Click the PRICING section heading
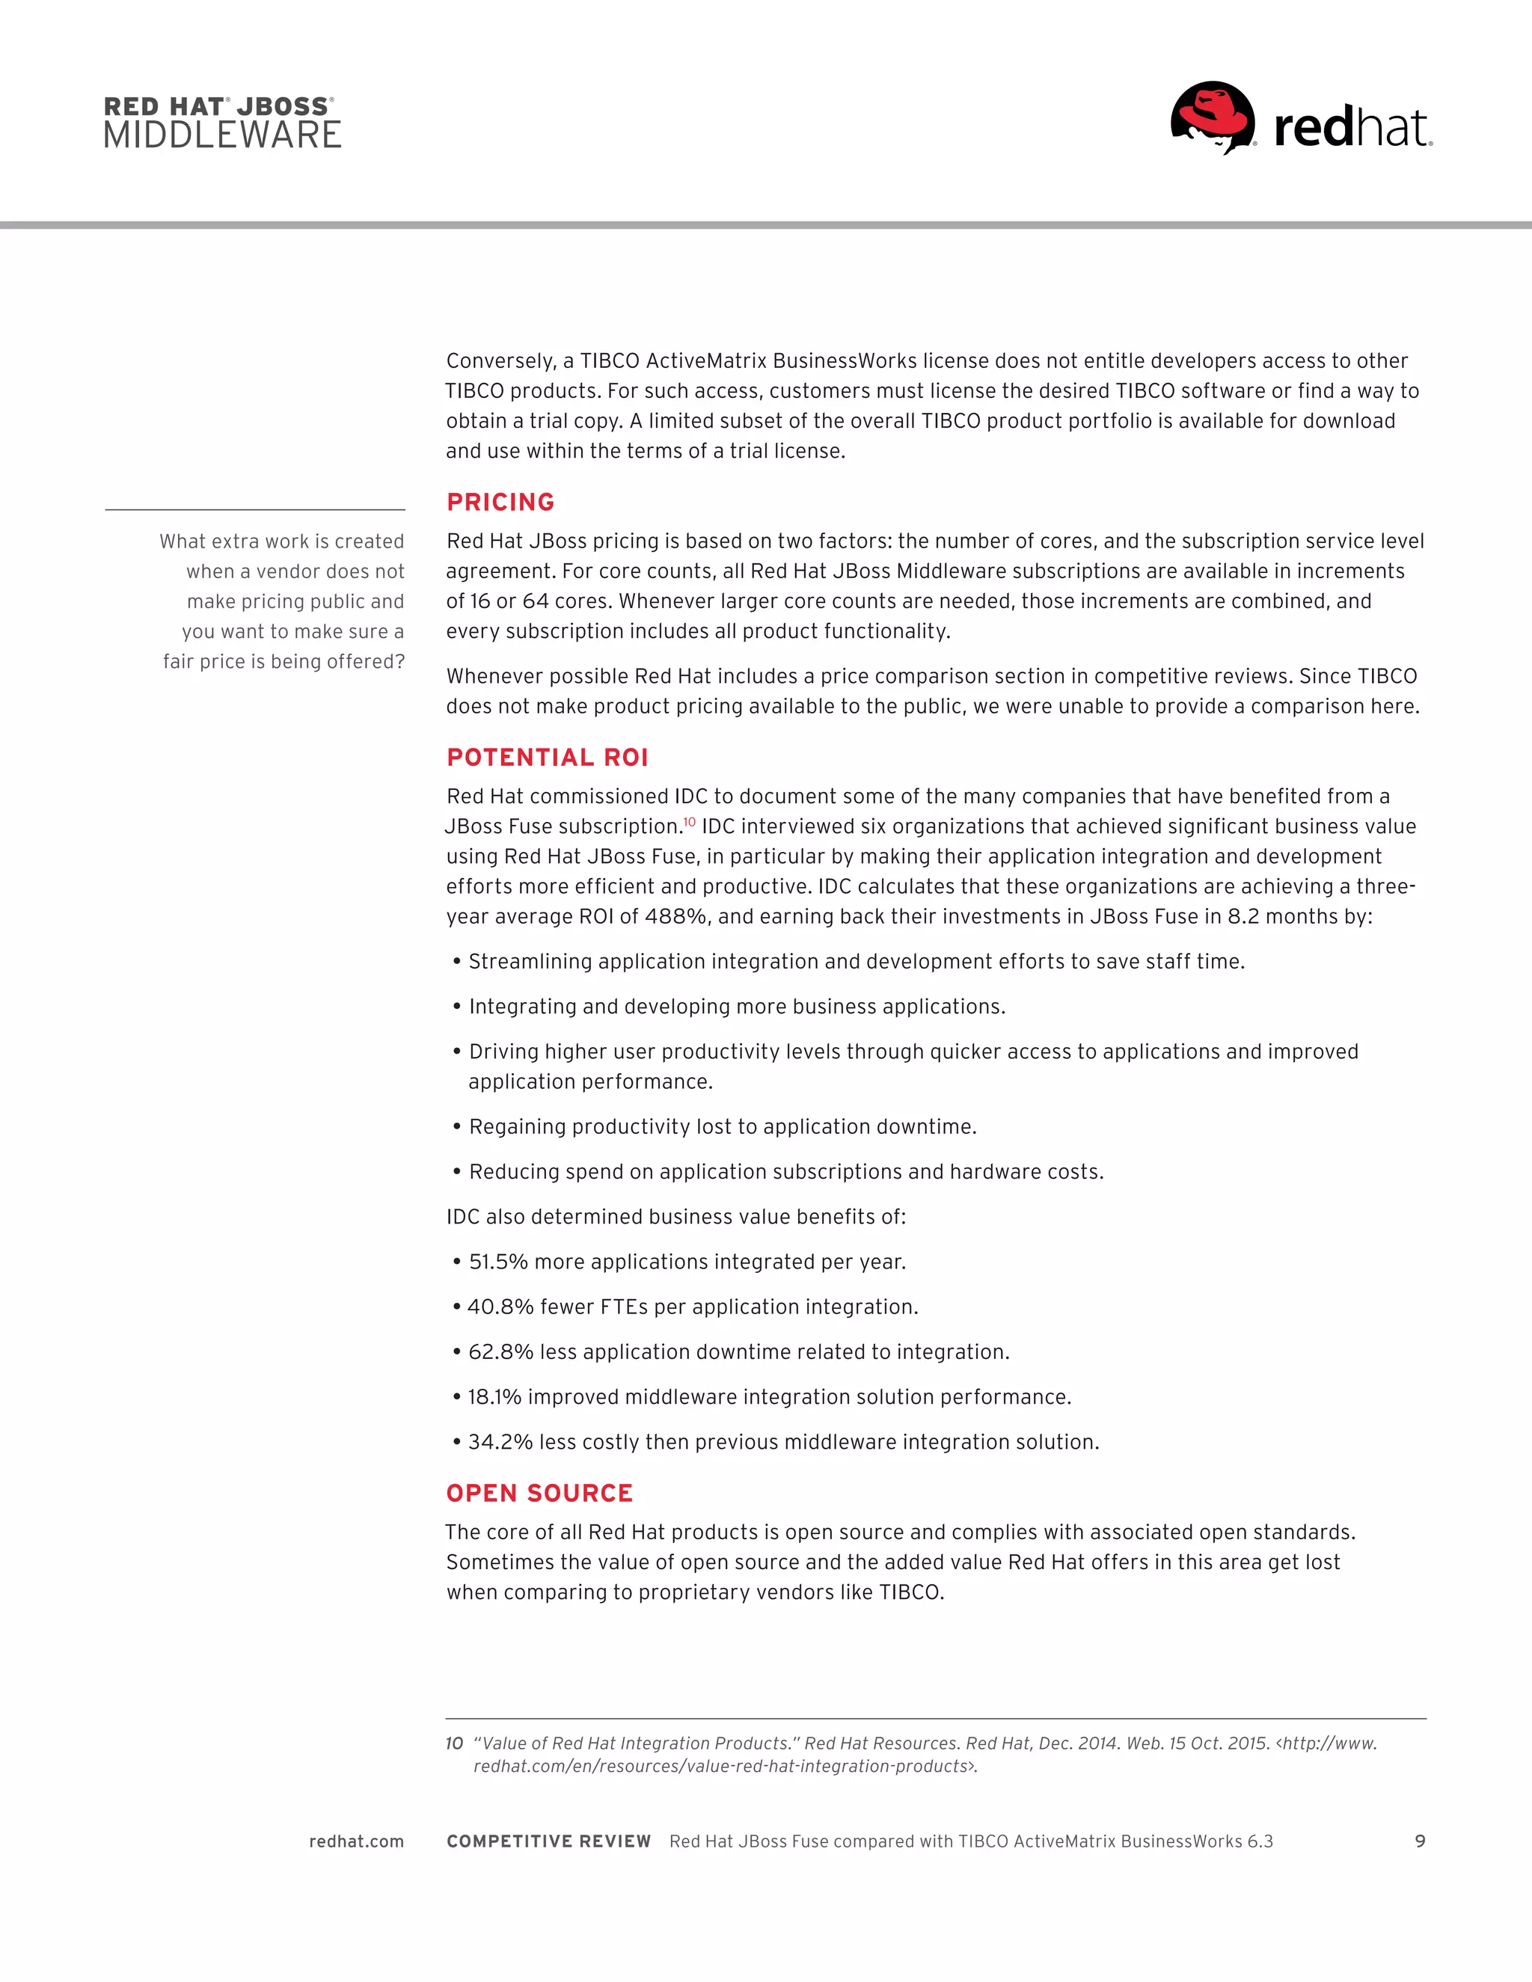pyautogui.click(x=500, y=502)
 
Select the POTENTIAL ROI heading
pyautogui.click(x=548, y=757)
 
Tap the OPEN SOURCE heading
pyautogui.click(x=539, y=1493)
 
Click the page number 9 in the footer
pyautogui.click(x=1421, y=1841)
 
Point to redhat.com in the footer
pyautogui.click(x=356, y=1841)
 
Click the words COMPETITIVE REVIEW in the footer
pyautogui.click(x=548, y=1841)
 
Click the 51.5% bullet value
pyautogui.click(x=498, y=1262)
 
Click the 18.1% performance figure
pyautogui.click(x=494, y=1396)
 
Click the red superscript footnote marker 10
pyautogui.click(x=690, y=821)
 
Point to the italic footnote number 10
pyautogui.click(x=454, y=1743)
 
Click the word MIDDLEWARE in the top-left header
pyautogui.click(x=222, y=135)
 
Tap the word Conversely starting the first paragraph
pyautogui.click(x=500, y=361)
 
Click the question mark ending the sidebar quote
pyautogui.click(x=399, y=662)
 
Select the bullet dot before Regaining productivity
pyautogui.click(x=457, y=1126)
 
